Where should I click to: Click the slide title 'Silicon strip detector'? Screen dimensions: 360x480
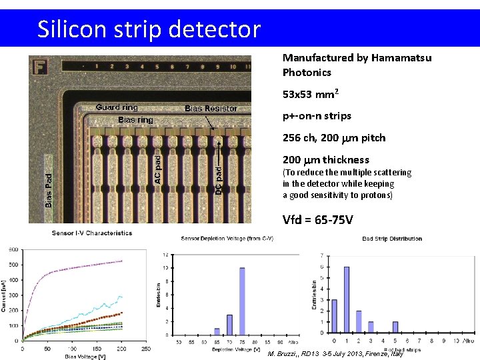tap(149, 29)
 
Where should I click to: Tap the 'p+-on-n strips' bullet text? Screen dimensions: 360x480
tap(317, 116)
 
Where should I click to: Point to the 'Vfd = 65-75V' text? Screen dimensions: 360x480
tap(317, 220)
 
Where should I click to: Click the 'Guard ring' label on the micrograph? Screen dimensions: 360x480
tap(117, 107)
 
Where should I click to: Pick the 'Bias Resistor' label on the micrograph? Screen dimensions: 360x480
tap(211, 109)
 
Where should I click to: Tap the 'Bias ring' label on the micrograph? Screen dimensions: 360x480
tap(135, 120)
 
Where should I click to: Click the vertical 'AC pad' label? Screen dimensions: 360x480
tap(158, 169)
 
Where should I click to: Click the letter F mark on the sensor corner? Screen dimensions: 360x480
tap(40, 67)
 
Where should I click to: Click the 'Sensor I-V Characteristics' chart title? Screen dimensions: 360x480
tap(92, 233)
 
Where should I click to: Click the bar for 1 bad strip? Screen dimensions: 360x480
tap(347, 299)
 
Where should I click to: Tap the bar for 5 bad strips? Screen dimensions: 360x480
tap(395, 327)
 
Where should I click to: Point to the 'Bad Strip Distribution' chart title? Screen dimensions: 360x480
tap(392, 239)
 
